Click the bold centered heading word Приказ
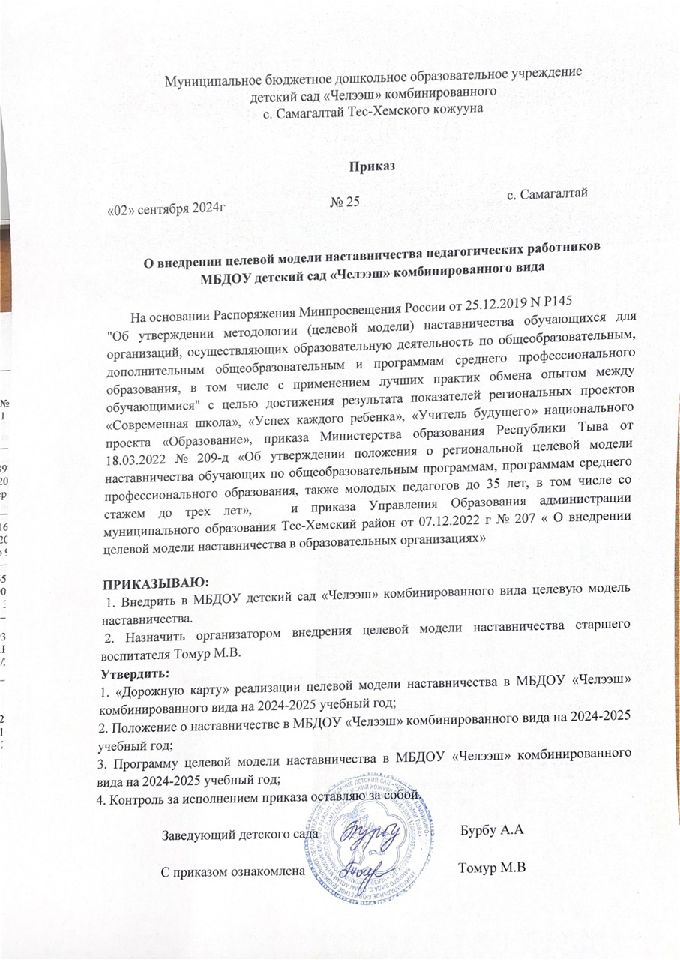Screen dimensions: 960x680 (x=367, y=166)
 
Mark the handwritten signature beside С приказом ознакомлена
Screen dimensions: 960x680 (x=364, y=871)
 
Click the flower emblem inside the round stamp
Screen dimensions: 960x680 (x=375, y=847)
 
